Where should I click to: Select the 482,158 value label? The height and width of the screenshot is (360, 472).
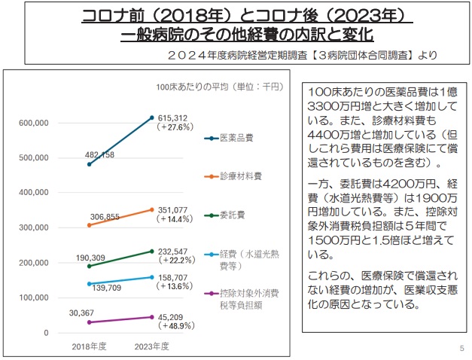pyautogui.click(x=99, y=154)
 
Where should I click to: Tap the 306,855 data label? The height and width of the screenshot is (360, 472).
pyautogui.click(x=105, y=216)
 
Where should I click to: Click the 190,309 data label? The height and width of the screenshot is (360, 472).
pyautogui.click(x=90, y=257)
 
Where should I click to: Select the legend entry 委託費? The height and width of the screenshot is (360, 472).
pyautogui.click(x=230, y=215)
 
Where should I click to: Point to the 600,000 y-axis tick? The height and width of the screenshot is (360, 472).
pyautogui.click(x=32, y=123)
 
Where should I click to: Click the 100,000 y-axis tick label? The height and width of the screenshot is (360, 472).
pyautogui.click(x=32, y=297)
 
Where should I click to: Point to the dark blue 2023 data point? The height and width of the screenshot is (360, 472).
pyautogui.click(x=151, y=117)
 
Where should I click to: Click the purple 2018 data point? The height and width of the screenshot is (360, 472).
pyautogui.click(x=89, y=322)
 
